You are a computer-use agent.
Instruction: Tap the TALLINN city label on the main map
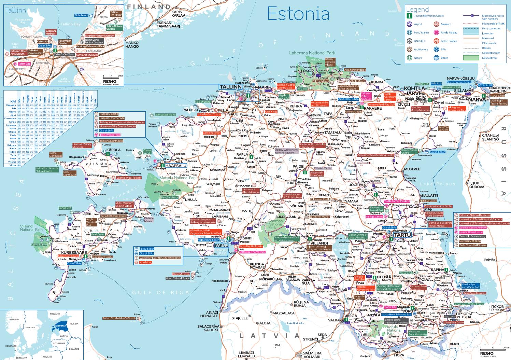(x=230, y=87)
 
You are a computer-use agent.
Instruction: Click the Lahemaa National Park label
(x=312, y=53)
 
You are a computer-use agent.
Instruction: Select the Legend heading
(x=417, y=10)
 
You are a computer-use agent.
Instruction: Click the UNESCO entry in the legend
(x=419, y=41)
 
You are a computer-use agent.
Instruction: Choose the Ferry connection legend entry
(x=492, y=29)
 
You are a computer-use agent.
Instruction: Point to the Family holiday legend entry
(x=449, y=33)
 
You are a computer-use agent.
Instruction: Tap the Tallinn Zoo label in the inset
(x=24, y=64)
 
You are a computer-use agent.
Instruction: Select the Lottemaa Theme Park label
(x=252, y=252)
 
